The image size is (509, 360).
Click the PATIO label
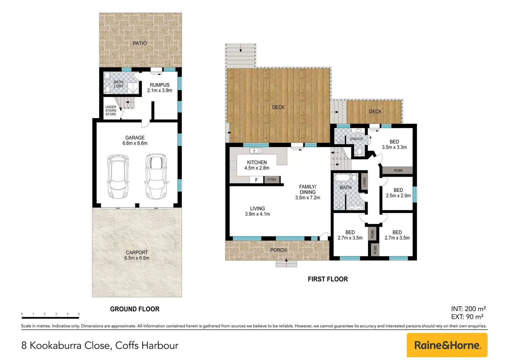pyautogui.click(x=140, y=43)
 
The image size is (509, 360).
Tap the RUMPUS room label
pyautogui.click(x=160, y=85)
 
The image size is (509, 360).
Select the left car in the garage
pyautogui.click(x=118, y=176)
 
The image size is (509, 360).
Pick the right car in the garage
pyautogui.click(x=156, y=176)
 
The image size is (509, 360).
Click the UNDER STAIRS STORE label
pyautogui.click(x=111, y=111)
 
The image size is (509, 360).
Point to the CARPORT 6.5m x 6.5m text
pyautogui.click(x=137, y=255)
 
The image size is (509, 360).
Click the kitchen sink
pyautogui.click(x=256, y=151)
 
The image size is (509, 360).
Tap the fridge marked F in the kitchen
pyautogui.click(x=256, y=180)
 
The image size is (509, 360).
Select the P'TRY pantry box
pyautogui.click(x=272, y=180)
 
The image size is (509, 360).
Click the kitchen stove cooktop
pyautogui.click(x=233, y=165)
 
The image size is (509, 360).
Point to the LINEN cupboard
pyautogui.click(x=364, y=182)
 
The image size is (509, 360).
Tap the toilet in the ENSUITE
pyautogui.click(x=359, y=152)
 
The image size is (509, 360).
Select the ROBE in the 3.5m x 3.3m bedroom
pyautogui.click(x=397, y=170)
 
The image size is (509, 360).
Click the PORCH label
pyautogui.click(x=278, y=250)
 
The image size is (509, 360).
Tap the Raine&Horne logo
pyautogui.click(x=447, y=345)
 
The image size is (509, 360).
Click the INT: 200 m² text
pyautogui.click(x=468, y=309)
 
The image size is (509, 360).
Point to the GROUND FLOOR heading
pyautogui.click(x=135, y=309)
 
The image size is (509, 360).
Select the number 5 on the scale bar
pyautogui.click(x=79, y=314)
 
